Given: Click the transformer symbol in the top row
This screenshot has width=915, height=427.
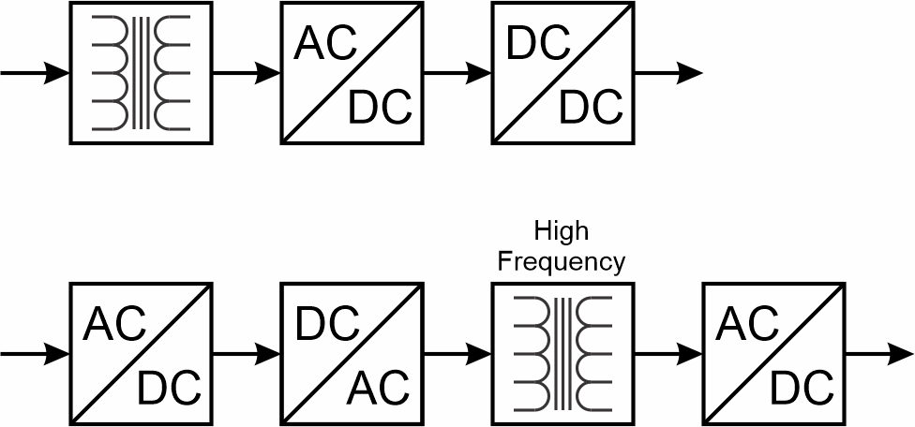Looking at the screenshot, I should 142,73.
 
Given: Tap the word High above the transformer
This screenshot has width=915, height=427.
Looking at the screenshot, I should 561,230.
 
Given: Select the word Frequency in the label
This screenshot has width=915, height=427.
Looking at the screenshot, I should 561,261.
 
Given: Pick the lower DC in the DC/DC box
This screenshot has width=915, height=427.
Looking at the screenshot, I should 592,109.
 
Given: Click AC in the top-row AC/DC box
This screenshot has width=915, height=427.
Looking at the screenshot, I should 324,43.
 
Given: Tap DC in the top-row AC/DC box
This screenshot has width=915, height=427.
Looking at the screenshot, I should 380,109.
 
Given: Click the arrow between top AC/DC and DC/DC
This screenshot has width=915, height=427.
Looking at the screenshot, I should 457,73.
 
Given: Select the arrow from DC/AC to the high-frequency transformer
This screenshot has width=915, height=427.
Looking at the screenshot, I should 457,354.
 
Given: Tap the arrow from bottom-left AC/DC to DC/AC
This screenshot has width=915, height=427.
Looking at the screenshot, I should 247,354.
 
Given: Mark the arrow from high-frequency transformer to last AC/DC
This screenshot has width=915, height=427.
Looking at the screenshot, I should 668,354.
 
